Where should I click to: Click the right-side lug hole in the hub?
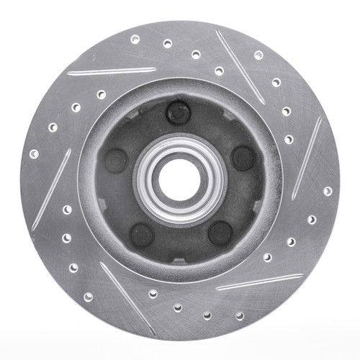243,158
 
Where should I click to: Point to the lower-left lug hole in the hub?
141,235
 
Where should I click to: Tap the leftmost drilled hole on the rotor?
33,153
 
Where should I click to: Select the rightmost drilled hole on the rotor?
328,191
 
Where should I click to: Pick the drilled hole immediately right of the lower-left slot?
152,294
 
